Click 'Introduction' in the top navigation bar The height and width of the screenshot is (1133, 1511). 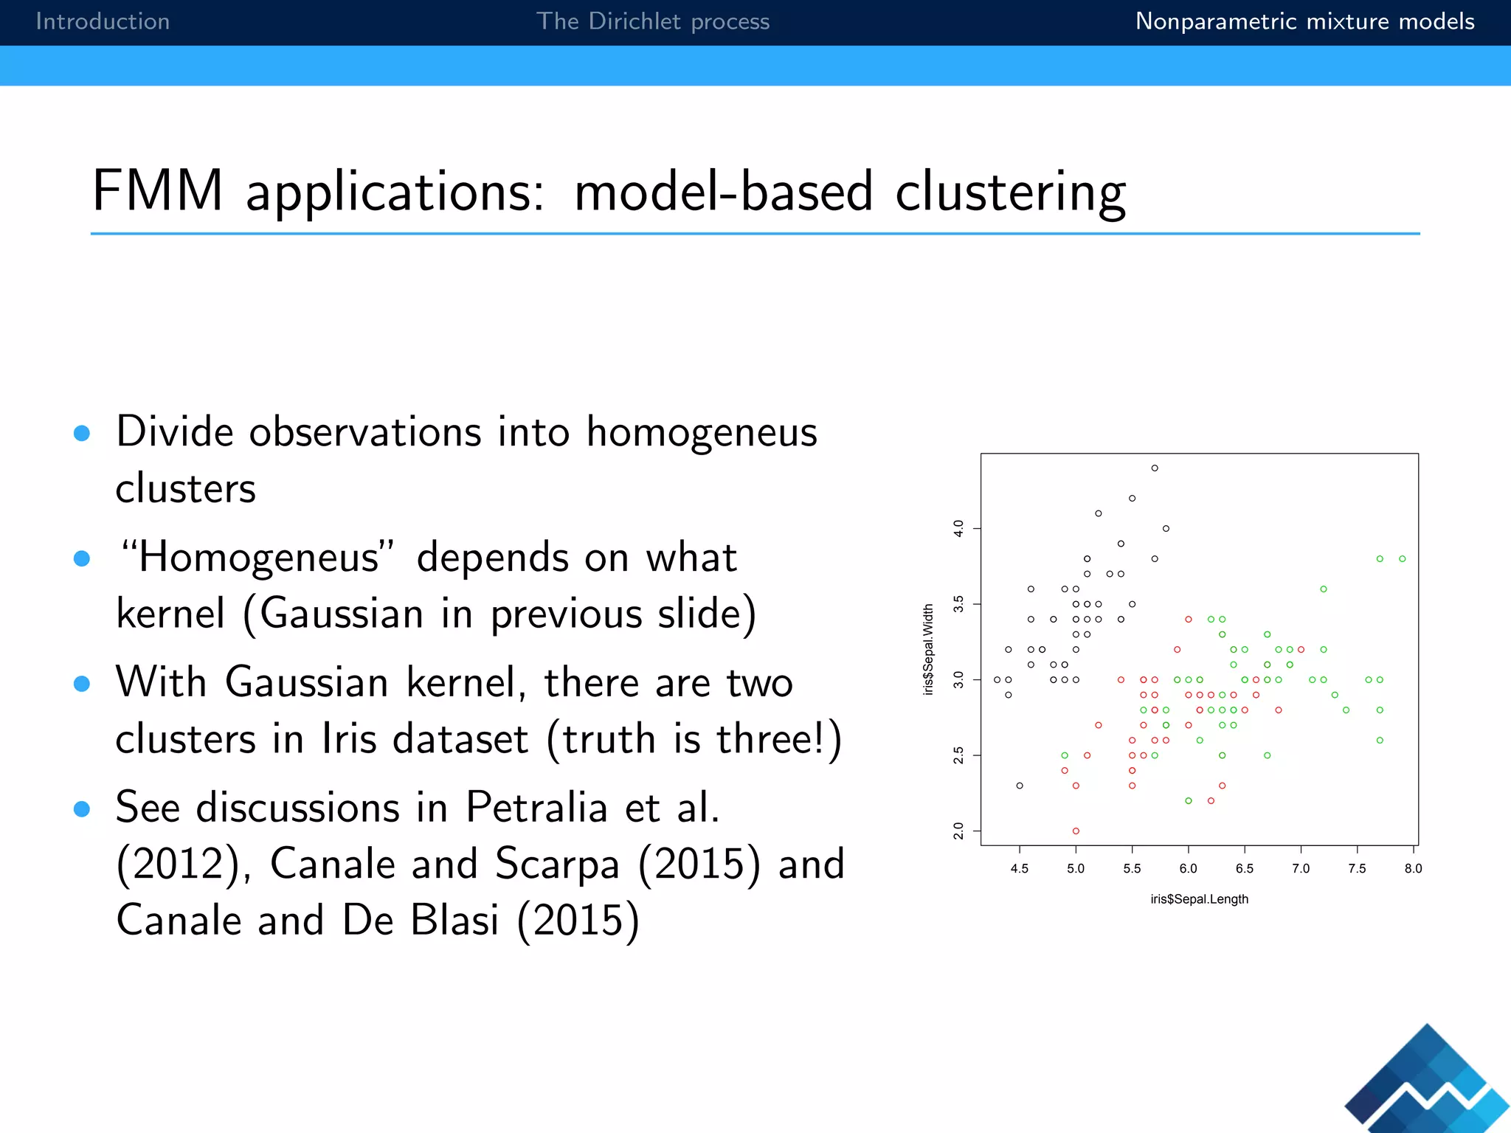click(103, 21)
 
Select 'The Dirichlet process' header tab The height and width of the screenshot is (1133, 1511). click(652, 21)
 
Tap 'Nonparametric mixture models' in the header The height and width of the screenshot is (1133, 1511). click(1304, 21)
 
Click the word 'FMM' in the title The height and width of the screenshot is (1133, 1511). click(157, 190)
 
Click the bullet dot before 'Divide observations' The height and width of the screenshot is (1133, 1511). click(82, 433)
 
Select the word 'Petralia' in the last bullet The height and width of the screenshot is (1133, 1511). click(536, 807)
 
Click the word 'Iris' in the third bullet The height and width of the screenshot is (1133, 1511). click(348, 738)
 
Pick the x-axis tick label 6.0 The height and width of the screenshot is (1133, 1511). click(1188, 869)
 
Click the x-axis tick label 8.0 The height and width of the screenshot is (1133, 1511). click(1413, 869)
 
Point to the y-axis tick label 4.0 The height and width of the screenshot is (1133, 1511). click(958, 528)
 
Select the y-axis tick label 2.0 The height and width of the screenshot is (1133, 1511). click(958, 831)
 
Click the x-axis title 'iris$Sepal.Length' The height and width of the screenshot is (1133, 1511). click(1199, 899)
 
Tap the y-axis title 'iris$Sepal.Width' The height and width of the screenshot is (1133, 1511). click(928, 649)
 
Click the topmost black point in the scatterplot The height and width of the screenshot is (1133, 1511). click(1155, 468)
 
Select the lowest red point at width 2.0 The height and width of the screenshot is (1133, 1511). click(1076, 831)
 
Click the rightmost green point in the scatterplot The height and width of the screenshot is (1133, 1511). click(1402, 559)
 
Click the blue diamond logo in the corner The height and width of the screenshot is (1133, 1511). click(1428, 1081)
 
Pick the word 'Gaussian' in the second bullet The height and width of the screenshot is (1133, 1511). click(342, 614)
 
